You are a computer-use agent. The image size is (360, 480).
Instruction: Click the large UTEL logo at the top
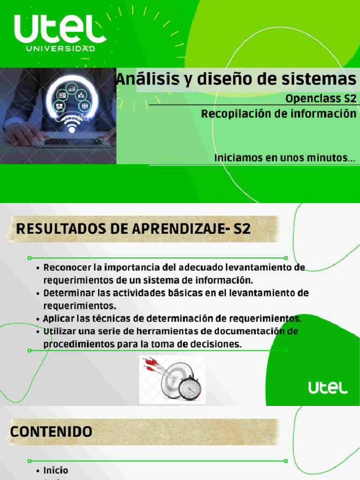(60, 29)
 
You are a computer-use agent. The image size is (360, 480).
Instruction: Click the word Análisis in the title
(143, 79)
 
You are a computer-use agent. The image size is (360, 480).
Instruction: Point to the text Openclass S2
(321, 99)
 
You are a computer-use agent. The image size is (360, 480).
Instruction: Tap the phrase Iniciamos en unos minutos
(284, 158)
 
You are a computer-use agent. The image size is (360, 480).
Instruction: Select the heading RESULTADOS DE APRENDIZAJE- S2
(134, 229)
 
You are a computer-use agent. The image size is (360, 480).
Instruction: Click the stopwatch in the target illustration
(190, 388)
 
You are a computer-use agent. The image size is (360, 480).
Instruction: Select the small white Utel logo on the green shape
(328, 388)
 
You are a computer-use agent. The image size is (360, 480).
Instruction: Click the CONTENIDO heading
(51, 431)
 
